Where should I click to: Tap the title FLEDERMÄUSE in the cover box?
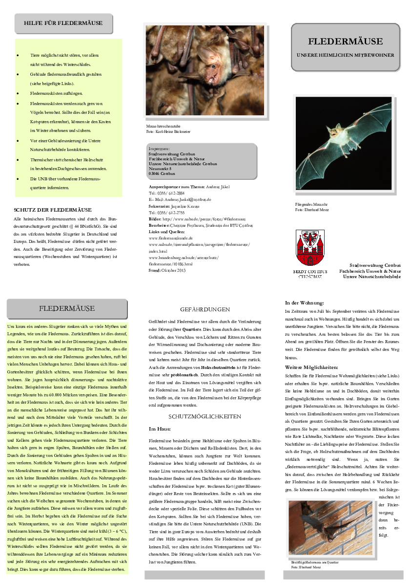click(345, 42)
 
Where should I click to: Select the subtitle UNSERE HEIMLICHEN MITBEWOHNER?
click(345, 55)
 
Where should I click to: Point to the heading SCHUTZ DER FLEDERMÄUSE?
click(53, 210)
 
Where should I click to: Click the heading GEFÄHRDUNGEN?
click(205, 309)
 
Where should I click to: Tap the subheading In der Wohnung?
click(305, 303)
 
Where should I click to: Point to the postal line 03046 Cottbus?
click(162, 173)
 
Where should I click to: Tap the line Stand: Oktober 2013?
click(167, 270)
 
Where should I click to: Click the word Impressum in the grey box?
click(159, 148)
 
